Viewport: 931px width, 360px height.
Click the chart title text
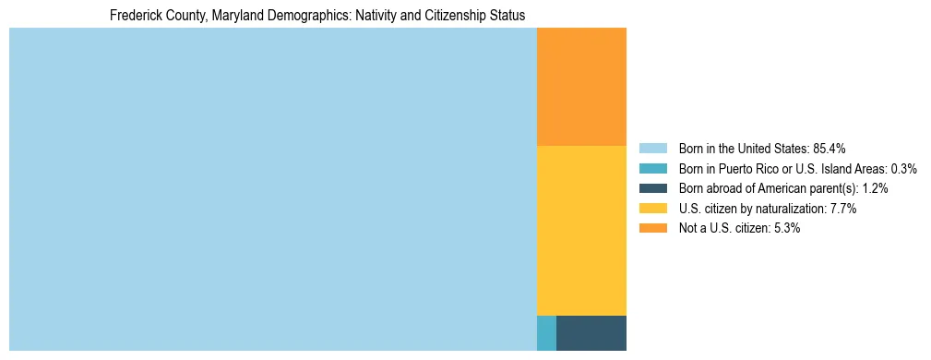point(317,17)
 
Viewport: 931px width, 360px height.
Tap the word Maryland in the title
point(221,17)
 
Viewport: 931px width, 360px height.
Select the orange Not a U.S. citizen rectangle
point(581,87)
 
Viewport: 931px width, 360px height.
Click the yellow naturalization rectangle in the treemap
point(581,231)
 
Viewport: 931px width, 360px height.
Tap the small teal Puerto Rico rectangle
point(546,333)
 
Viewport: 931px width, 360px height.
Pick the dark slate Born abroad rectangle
point(591,333)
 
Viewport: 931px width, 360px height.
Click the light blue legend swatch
point(652,149)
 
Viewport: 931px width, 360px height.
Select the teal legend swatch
point(652,169)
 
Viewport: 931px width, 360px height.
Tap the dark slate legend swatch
point(652,188)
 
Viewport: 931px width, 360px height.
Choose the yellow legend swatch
point(652,209)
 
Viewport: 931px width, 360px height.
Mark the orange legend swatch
point(652,229)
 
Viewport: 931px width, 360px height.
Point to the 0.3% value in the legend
point(904,169)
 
